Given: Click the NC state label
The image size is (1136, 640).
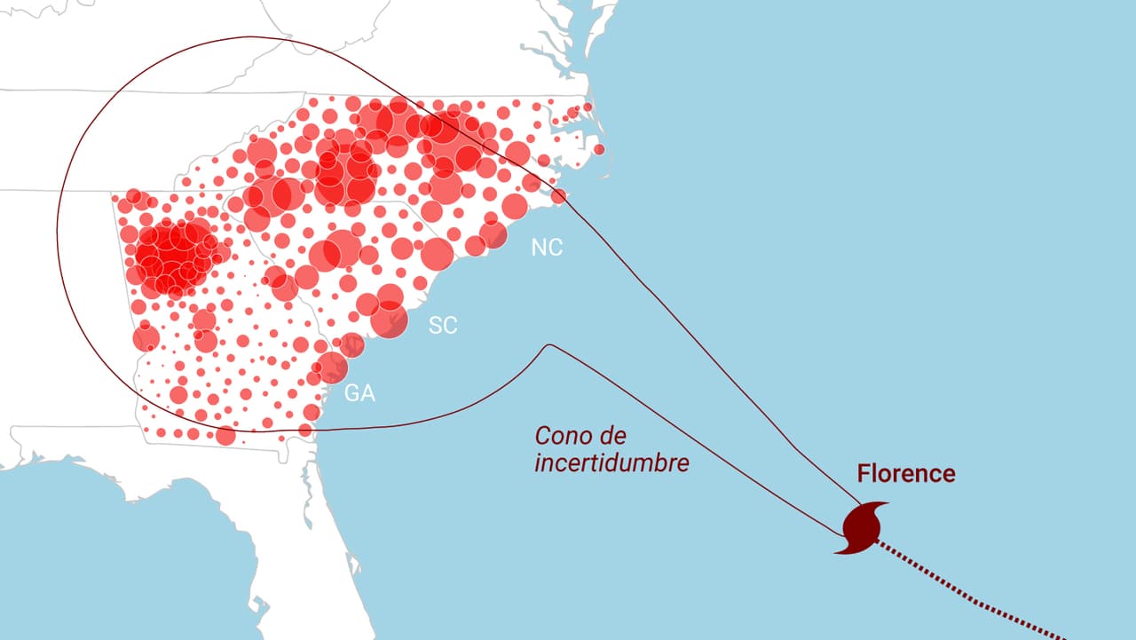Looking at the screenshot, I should (547, 248).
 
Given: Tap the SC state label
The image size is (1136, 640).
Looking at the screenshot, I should (443, 326).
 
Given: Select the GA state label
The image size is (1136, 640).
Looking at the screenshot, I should (359, 394).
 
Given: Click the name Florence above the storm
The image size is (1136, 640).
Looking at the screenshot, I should (906, 474).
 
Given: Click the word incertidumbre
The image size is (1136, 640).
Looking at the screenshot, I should (611, 463).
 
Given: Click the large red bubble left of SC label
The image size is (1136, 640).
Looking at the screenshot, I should (389, 320).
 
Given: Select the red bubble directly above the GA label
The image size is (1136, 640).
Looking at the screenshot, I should (332, 367).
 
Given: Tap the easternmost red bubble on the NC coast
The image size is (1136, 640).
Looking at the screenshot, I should (599, 149).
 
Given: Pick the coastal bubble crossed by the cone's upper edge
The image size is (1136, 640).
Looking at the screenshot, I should (558, 196).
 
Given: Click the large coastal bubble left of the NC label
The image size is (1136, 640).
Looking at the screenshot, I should (493, 234).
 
